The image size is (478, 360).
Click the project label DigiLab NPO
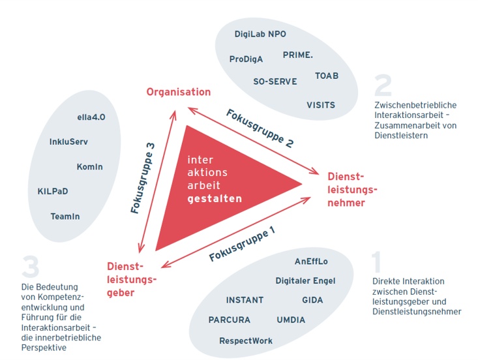coord(260,34)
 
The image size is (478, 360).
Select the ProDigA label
coord(246,59)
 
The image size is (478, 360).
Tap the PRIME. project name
coord(298,55)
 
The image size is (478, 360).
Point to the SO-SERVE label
coord(275,82)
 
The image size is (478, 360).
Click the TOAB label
coord(327,76)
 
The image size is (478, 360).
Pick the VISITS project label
coord(321,105)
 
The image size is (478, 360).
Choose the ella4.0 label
coord(91,118)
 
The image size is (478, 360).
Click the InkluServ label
coord(68,142)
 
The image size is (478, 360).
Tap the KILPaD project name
coord(53,191)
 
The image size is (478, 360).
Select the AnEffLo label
coord(311,262)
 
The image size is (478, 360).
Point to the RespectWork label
coord(246,341)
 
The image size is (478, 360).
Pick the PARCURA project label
coord(230,320)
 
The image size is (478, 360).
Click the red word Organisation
coord(179,92)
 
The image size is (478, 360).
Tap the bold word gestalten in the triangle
coord(215,198)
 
